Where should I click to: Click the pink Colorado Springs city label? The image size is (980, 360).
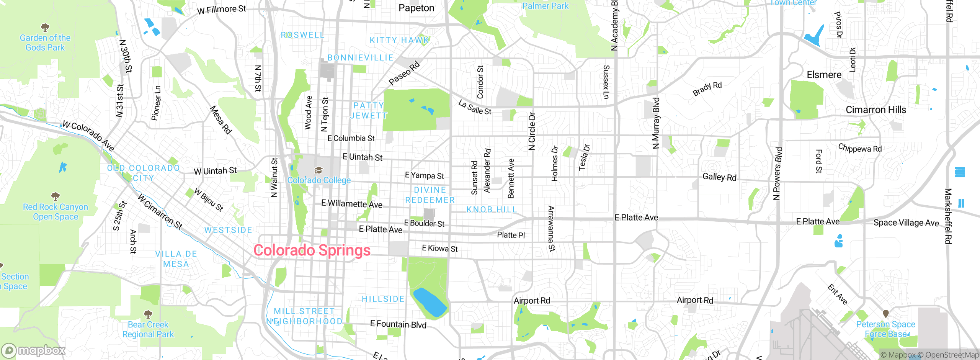click(312, 250)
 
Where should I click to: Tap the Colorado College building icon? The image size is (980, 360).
click(318, 170)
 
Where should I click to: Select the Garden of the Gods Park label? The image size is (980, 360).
click(45, 43)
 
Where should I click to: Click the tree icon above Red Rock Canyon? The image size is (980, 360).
click(56, 196)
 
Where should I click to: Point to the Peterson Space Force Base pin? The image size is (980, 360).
click(885, 314)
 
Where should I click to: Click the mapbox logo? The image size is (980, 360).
click(34, 350)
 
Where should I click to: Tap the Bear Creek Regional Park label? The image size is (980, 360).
click(148, 329)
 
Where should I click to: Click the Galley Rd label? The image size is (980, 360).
click(719, 177)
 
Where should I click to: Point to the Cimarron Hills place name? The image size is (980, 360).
click(876, 110)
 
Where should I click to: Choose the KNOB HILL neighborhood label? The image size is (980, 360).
click(492, 209)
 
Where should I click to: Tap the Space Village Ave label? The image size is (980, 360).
click(906, 223)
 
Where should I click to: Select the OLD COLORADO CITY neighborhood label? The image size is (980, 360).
click(144, 173)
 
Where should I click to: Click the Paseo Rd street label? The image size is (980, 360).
click(404, 73)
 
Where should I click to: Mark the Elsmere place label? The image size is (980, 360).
click(824, 75)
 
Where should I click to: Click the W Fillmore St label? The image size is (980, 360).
click(222, 9)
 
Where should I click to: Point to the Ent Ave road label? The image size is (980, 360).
click(838, 295)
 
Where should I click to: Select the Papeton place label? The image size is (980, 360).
click(416, 8)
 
